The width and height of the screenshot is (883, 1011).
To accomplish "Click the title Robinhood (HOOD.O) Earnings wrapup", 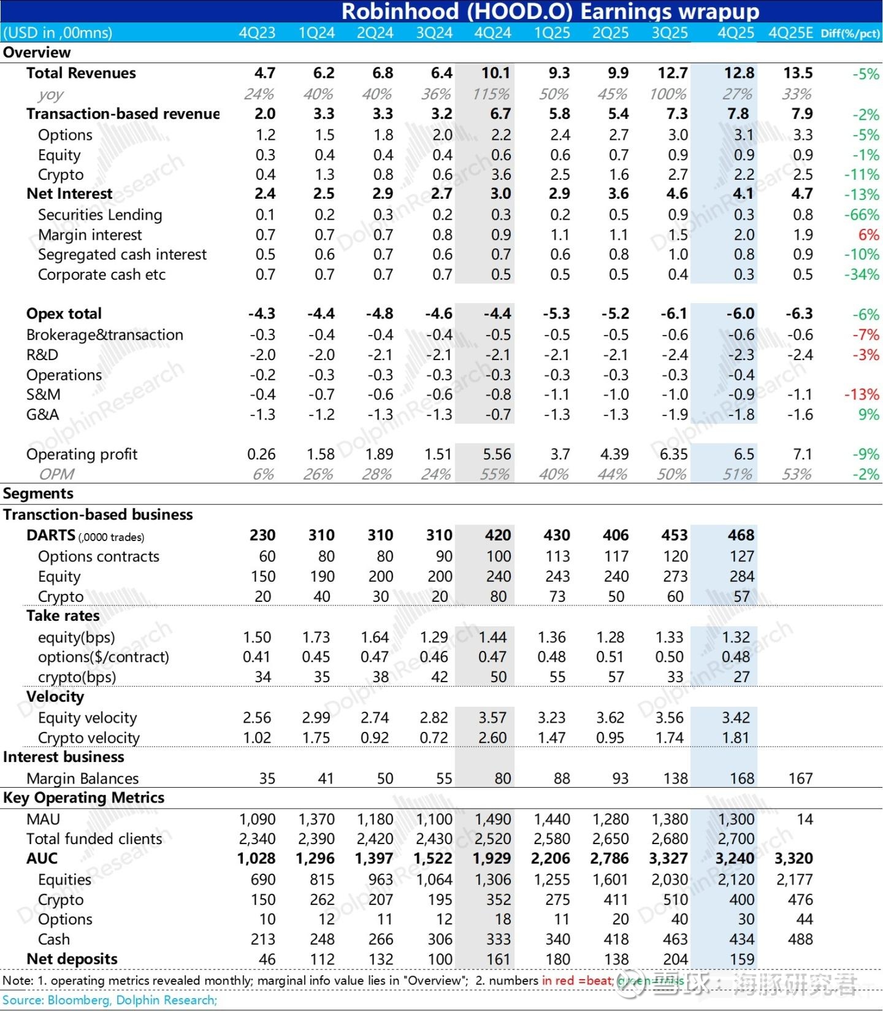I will [550, 11].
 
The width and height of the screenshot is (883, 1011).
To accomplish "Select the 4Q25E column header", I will [790, 33].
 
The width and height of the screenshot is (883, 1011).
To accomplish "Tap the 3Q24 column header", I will [434, 33].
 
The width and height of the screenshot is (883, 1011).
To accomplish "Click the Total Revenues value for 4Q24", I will [495, 73].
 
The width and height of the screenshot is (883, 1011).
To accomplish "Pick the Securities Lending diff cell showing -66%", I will [862, 215].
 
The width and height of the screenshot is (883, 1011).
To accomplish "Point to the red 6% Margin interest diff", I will [869, 235].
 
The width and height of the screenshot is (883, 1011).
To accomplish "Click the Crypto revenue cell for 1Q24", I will [324, 175].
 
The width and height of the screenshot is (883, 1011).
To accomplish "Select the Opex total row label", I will [64, 313].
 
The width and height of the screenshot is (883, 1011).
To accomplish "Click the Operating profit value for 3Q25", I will [673, 454].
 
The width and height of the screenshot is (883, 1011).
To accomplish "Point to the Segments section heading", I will [38, 494].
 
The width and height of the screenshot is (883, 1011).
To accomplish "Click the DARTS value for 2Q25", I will [616, 536].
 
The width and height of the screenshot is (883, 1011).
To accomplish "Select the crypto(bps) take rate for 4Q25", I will [741, 677].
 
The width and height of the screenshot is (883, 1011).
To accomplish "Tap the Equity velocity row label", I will [87, 718].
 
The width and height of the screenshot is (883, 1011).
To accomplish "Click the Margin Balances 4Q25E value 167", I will [800, 778].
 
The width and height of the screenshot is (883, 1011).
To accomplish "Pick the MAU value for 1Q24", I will [316, 819].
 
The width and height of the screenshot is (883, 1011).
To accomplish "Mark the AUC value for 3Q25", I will [668, 858].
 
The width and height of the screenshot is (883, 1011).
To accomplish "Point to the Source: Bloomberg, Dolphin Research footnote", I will [110, 1000].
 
